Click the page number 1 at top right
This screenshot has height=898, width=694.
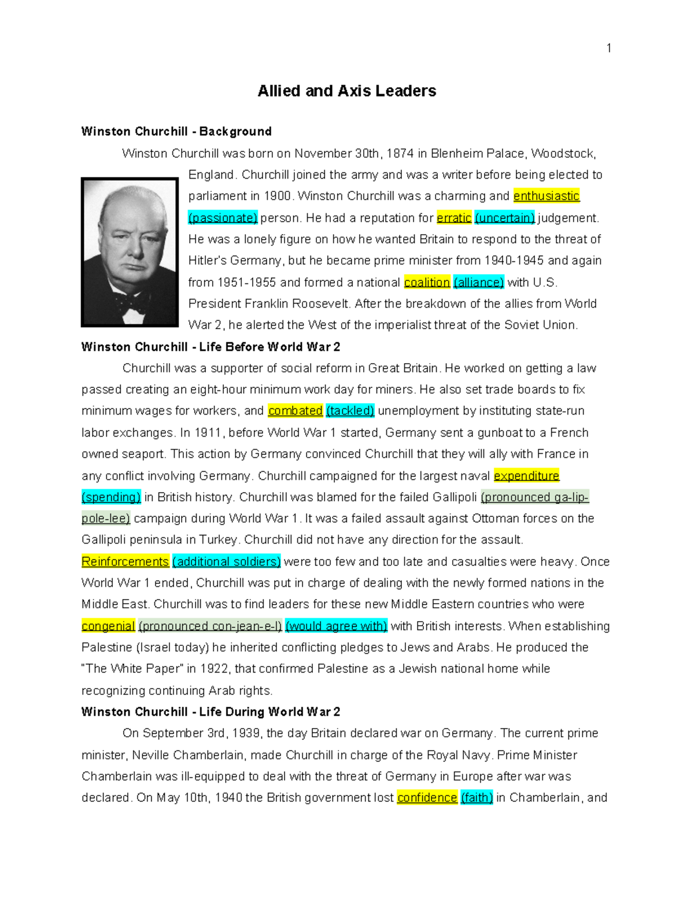point(608,48)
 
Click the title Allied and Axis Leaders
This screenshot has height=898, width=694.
point(346,91)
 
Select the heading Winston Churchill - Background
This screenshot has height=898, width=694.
point(176,131)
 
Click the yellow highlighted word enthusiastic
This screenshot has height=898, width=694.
point(546,196)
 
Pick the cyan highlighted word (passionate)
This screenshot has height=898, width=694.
point(223,218)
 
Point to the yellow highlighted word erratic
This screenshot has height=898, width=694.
point(454,218)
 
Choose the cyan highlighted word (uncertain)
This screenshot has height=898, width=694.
point(505,218)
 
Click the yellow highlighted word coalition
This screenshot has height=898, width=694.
point(427,282)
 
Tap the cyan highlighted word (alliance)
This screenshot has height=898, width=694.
point(479,282)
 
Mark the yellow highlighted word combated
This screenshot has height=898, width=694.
point(295,411)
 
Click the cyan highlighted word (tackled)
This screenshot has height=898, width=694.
point(350,411)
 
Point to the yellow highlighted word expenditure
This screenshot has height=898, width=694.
point(526,476)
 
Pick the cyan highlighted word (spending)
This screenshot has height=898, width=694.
point(111,497)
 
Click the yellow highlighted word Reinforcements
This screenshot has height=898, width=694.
point(125,561)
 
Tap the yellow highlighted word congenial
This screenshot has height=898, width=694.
point(108,626)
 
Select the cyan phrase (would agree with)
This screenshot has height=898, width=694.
point(336,626)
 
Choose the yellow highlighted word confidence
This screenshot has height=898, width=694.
point(427,798)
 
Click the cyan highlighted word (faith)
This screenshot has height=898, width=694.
point(477,798)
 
